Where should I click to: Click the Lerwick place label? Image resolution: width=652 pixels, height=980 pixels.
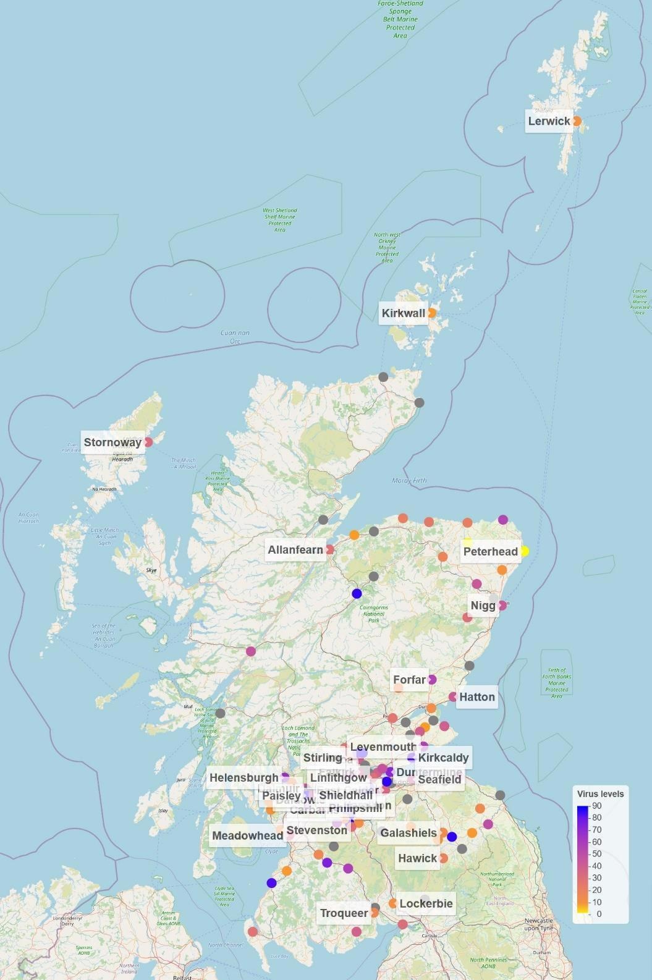click(549, 121)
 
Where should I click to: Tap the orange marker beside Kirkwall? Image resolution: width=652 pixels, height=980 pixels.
click(431, 313)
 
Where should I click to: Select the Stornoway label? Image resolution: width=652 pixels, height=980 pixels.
click(112, 442)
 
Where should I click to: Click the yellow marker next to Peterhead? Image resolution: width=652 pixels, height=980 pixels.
click(524, 551)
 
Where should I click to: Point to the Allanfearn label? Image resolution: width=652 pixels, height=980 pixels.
click(295, 550)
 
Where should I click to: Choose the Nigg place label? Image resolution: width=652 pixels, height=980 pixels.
click(483, 606)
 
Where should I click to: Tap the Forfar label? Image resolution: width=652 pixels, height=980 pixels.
click(409, 680)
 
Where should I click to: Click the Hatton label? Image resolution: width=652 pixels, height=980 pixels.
click(477, 697)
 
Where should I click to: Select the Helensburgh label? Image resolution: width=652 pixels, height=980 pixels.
click(244, 777)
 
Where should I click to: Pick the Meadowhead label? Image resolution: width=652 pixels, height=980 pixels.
click(247, 836)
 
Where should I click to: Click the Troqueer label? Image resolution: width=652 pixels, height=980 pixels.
click(344, 913)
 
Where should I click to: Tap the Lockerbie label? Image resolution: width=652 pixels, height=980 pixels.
click(426, 903)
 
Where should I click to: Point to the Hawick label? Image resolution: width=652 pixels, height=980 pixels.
click(417, 858)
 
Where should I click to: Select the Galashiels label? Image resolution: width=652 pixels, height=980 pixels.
click(409, 833)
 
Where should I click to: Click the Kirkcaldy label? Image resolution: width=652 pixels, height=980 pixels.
click(443, 758)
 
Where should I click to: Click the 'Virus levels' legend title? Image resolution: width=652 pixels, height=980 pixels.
click(600, 794)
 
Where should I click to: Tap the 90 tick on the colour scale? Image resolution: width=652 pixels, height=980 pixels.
click(596, 806)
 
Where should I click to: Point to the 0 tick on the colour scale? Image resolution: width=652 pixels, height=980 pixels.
click(599, 914)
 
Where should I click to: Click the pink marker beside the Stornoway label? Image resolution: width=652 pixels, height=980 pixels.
click(148, 442)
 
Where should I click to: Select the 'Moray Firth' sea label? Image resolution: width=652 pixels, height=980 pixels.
click(409, 480)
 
